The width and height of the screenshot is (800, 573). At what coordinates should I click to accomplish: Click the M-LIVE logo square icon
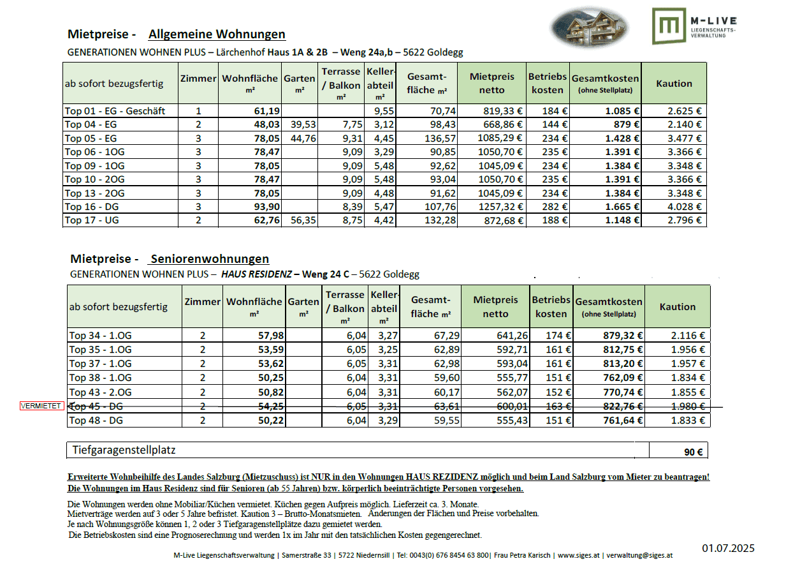pos(669,26)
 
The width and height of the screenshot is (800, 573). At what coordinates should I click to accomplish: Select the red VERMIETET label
pos(41,406)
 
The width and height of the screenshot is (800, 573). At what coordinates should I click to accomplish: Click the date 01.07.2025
pos(728,548)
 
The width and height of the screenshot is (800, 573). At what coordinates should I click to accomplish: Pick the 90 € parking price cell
pos(693,452)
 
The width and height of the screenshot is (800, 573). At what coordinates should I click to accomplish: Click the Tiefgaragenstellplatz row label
pos(124,450)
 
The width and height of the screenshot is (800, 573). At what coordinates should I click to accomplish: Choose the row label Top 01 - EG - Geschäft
pos(115,111)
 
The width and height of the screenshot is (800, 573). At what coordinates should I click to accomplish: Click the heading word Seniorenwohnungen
pos(209,258)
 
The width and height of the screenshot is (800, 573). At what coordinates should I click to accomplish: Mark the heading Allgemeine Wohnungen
pos(217,34)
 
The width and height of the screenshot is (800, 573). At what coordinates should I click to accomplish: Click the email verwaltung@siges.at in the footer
pos(639,555)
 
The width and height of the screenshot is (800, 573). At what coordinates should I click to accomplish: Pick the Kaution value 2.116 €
pos(687,336)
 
